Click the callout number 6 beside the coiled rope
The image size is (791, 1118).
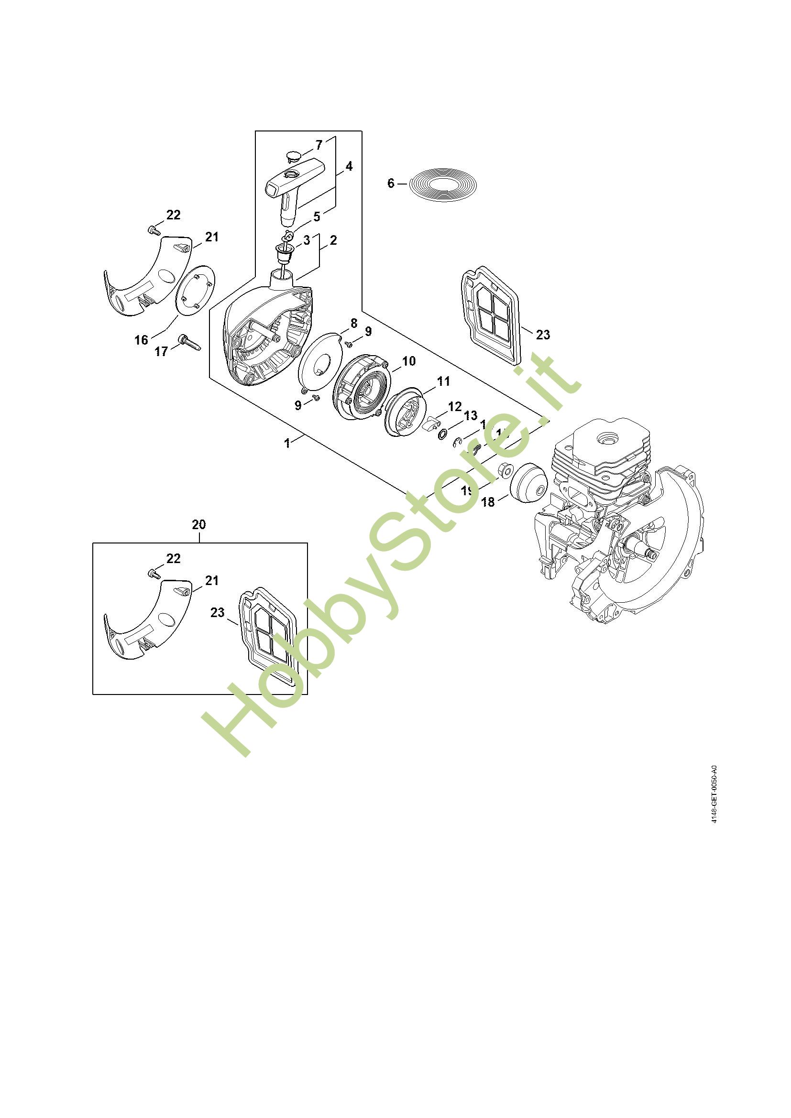click(x=391, y=184)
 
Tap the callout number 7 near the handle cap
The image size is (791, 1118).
click(x=319, y=145)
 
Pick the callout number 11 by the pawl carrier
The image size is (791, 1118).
click(x=443, y=381)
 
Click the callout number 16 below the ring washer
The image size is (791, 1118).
click(x=141, y=339)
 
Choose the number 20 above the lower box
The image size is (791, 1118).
click(x=199, y=524)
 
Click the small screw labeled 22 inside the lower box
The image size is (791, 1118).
click(x=154, y=574)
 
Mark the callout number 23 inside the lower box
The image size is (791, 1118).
click(x=218, y=613)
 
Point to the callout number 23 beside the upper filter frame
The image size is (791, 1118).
click(x=543, y=335)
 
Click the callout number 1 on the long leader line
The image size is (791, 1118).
click(x=287, y=443)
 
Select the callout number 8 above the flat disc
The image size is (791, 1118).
click(x=354, y=323)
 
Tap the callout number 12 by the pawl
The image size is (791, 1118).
click(x=454, y=406)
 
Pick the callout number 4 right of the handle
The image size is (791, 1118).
click(x=349, y=166)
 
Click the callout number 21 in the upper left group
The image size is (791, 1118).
click(x=211, y=237)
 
